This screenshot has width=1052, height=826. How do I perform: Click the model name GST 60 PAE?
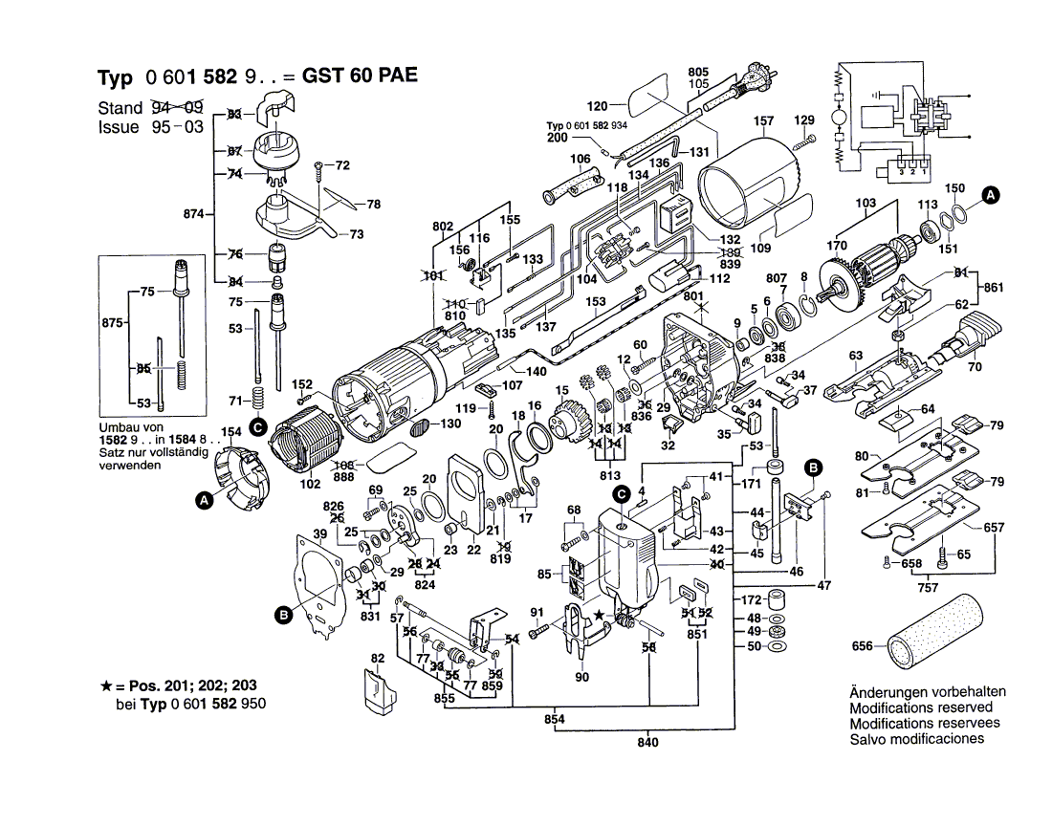click(x=360, y=76)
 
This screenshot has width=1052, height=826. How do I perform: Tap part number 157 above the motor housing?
click(x=762, y=121)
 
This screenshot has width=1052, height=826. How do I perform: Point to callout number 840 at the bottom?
click(x=648, y=742)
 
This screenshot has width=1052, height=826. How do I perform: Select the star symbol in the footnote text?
click(x=106, y=686)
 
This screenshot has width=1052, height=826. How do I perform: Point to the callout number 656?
click(x=864, y=646)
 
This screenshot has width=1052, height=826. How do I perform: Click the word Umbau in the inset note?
click(x=119, y=426)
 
